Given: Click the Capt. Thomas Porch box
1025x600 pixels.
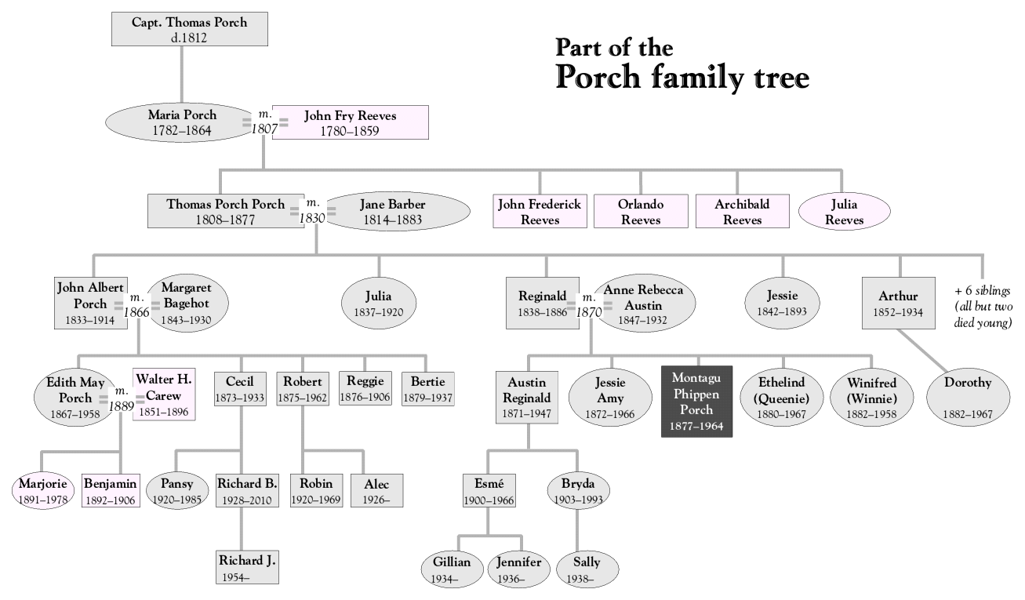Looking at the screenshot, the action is [190, 29].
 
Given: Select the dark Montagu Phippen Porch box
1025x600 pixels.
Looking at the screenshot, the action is [696, 402].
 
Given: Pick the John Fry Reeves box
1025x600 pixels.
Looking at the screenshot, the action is [351, 122].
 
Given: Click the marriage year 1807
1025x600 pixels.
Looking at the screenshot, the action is [264, 129].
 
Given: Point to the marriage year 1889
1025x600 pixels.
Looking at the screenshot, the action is [122, 406].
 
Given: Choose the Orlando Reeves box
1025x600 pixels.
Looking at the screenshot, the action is [641, 212].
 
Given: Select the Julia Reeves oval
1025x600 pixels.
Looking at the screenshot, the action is [845, 212].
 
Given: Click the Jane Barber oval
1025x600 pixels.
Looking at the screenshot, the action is [396, 212].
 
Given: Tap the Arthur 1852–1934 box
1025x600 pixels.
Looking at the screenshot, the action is [898, 303].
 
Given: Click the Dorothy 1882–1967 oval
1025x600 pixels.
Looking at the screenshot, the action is [968, 397].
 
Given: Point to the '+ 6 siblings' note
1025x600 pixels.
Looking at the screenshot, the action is [983, 291].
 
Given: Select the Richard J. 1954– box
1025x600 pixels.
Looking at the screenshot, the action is [247, 568].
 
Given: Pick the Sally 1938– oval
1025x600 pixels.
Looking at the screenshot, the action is [587, 569].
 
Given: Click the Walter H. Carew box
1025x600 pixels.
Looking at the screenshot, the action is [164, 395].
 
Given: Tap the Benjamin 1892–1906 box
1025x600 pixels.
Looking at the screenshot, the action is [111, 491].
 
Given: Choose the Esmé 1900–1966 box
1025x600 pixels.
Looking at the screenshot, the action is [489, 491].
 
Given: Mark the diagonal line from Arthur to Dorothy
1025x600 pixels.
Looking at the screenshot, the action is [922, 350].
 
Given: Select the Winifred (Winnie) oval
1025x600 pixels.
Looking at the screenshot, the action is [872, 397].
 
